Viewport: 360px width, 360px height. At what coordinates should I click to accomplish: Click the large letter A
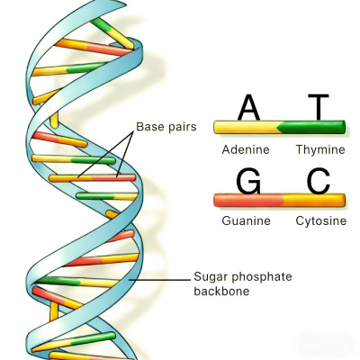click(248, 107)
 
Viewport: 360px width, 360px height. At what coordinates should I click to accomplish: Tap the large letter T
click(319, 107)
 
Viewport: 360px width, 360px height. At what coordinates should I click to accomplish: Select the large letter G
click(248, 182)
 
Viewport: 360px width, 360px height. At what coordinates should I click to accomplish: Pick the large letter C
click(319, 182)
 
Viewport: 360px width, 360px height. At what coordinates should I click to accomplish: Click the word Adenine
click(246, 149)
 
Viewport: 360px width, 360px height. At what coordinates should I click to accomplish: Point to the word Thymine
click(320, 149)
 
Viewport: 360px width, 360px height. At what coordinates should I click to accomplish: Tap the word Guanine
click(247, 220)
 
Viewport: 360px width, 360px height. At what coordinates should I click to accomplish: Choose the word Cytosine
click(321, 221)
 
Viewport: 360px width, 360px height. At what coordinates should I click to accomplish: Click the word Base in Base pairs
click(149, 127)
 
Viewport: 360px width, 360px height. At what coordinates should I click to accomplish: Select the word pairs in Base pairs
click(182, 127)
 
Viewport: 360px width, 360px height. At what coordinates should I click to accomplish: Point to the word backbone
click(221, 291)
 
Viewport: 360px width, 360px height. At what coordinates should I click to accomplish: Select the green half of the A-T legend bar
click(312, 127)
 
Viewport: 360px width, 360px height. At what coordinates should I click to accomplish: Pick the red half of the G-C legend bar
click(248, 200)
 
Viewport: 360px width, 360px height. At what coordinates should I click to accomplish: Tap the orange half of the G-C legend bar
click(314, 200)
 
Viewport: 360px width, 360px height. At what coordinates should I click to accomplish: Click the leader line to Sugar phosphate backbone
click(159, 280)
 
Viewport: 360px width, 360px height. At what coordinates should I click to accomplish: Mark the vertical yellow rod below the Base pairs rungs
click(54, 311)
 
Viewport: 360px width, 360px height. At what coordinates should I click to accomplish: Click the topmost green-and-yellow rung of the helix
click(112, 32)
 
